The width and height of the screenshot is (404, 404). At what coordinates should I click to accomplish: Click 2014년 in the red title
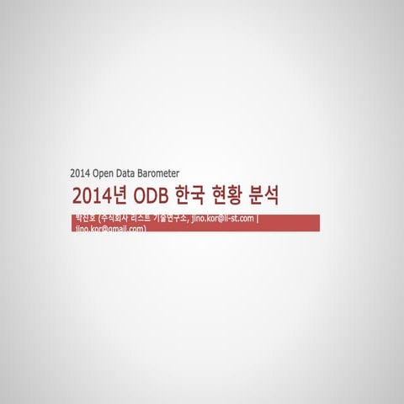pos(99,197)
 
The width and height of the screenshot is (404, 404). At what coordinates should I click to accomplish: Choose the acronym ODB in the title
pos(150,197)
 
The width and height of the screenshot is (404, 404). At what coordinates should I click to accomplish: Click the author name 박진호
pos(85,219)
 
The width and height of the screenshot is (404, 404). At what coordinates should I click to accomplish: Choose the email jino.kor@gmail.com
pos(110,228)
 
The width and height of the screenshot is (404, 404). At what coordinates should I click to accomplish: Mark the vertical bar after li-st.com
pos(258,220)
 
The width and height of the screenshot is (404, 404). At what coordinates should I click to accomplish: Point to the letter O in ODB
pos(137,197)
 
